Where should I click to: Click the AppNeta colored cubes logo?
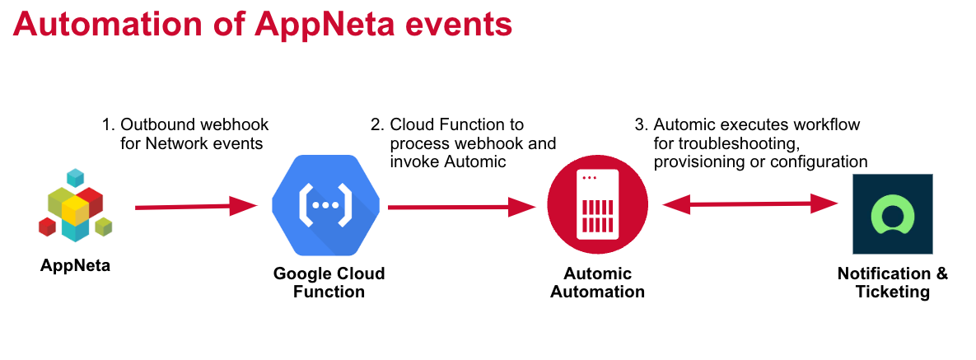coord(75,205)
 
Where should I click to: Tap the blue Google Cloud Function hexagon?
coord(322,205)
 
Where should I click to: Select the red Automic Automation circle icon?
coord(598,204)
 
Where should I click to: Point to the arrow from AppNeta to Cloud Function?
coord(196,206)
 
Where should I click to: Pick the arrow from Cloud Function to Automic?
coord(462,206)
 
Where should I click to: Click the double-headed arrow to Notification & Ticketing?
coord(750,203)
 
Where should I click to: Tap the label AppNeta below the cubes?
coord(75,266)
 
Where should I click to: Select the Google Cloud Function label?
coord(329,282)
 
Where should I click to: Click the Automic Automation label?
coord(598,282)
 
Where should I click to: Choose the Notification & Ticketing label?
coord(893,282)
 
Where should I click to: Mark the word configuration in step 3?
coord(820,162)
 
